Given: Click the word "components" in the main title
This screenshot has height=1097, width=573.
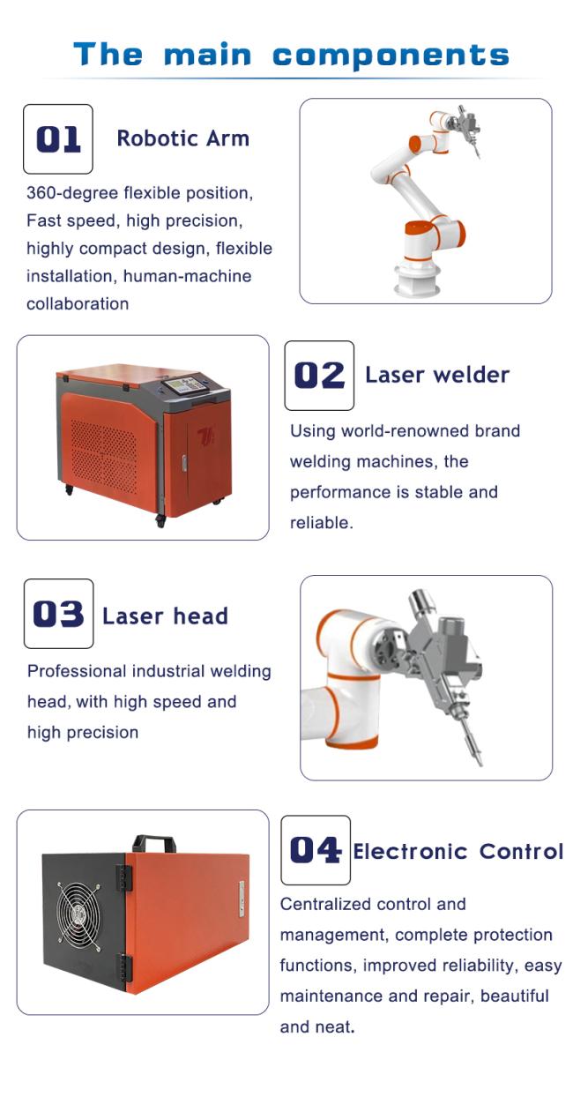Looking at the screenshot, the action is tap(391, 56).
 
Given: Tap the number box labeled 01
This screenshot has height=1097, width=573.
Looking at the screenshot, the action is tap(58, 139).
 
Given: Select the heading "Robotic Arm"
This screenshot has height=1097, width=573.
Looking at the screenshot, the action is tap(182, 138).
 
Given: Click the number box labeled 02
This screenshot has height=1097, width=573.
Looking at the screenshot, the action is tap(319, 376).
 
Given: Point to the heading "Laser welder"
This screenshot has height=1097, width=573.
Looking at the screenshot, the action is tap(437, 375).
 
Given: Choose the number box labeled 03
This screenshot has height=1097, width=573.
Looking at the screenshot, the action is tap(58, 614).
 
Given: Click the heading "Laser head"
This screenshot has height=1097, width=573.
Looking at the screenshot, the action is tap(165, 616).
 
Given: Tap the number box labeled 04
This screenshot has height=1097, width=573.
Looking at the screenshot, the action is tap(316, 850).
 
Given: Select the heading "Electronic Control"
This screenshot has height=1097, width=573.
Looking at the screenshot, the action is tap(458, 852).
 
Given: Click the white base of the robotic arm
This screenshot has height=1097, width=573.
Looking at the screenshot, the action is tap(415, 280).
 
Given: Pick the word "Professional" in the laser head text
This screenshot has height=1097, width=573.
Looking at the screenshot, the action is tap(77, 671).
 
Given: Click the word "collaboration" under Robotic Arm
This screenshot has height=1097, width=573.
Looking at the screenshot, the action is tap(78, 304).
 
